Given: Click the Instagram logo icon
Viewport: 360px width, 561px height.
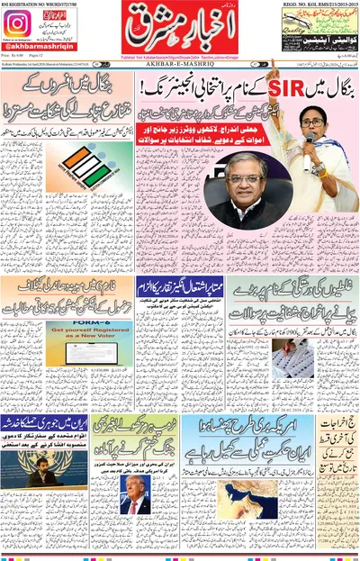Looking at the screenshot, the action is point(17,24).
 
